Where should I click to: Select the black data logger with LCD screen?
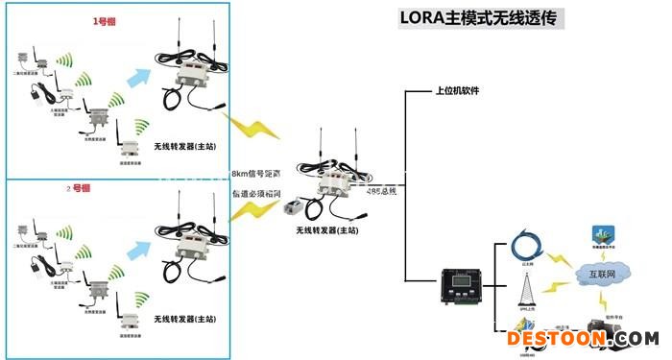[457, 286]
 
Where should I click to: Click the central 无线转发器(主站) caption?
[327, 230]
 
